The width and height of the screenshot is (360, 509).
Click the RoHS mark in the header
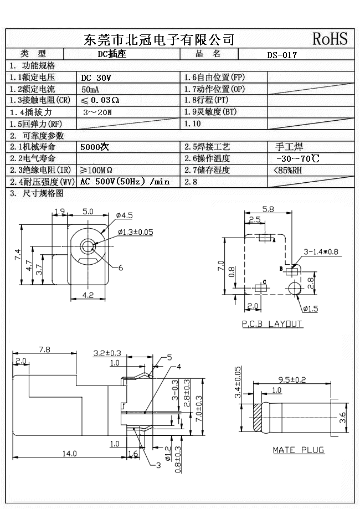[330, 38]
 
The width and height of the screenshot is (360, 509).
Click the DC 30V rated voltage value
[96, 78]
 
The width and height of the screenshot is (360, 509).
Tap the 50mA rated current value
[90, 89]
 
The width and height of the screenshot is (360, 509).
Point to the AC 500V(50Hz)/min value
[125, 182]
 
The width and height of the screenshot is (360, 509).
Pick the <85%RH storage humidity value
[288, 170]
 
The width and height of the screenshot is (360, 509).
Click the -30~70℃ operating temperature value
[297, 158]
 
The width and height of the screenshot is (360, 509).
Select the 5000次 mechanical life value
[95, 147]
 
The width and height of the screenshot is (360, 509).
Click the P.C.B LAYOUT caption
[272, 324]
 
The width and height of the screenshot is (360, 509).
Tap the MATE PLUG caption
[298, 450]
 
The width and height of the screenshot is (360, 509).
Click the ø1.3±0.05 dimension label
[135, 232]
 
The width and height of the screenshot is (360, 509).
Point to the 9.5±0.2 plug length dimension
[291, 379]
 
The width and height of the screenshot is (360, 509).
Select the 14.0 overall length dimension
[69, 454]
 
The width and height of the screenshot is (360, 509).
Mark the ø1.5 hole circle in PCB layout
[294, 287]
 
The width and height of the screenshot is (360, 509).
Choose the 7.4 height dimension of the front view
[17, 255]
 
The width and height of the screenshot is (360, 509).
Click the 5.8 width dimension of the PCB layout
[268, 209]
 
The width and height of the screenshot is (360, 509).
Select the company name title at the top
[158, 39]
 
